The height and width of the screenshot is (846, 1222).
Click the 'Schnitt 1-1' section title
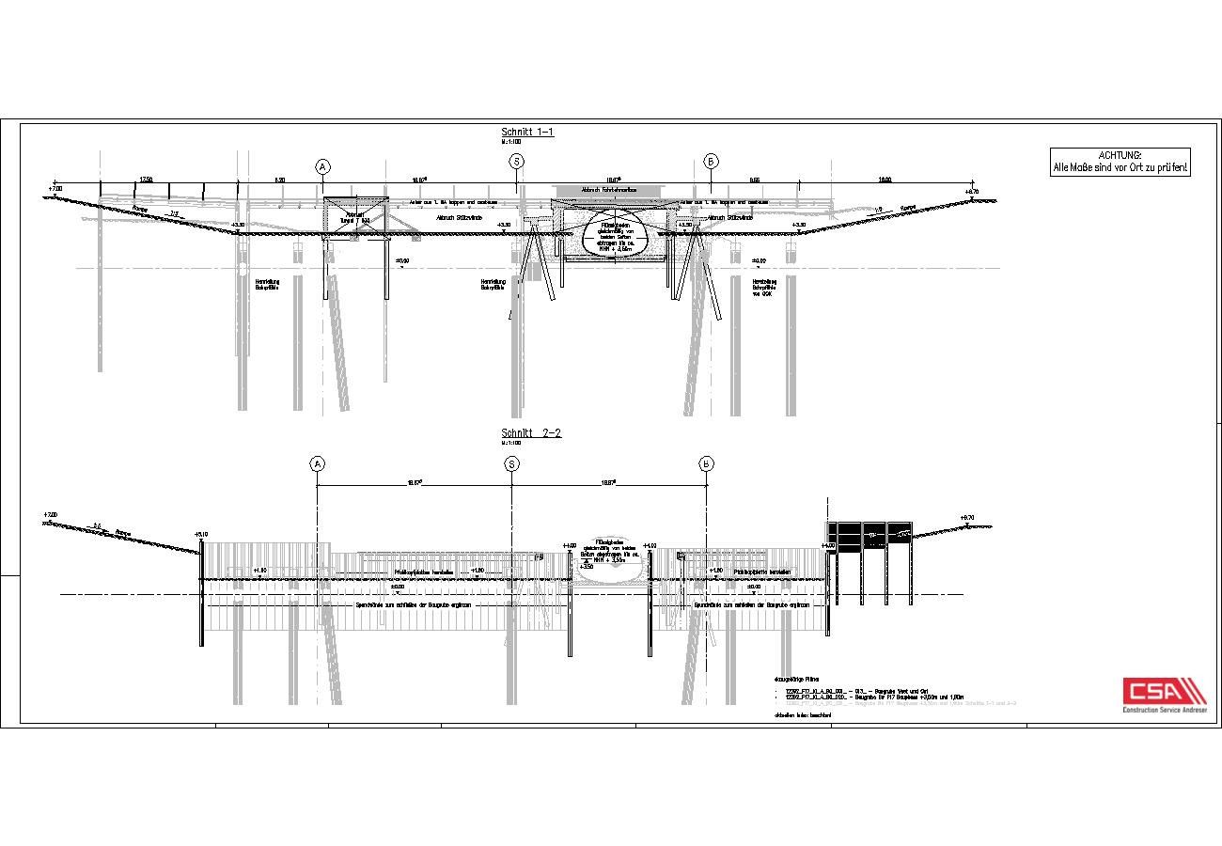(527, 133)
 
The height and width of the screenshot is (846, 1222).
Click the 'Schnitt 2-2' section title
(531, 433)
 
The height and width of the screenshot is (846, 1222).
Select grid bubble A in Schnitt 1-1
(322, 166)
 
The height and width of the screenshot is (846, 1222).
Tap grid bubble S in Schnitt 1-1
(516, 162)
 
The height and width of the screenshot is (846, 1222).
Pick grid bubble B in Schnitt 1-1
(712, 162)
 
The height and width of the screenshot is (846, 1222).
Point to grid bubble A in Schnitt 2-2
(317, 463)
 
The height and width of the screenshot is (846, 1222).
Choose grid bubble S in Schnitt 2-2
(511, 463)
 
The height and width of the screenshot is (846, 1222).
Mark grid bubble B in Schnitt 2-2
(706, 463)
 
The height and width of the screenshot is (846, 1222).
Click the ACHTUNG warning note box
(1120, 162)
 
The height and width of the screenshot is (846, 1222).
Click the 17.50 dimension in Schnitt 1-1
(147, 179)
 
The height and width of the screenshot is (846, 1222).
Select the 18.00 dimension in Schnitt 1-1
(885, 179)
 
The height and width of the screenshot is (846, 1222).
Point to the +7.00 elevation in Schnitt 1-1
(55, 189)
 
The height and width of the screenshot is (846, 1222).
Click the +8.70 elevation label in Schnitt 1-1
(972, 192)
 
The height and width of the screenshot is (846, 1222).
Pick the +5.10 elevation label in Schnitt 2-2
(201, 534)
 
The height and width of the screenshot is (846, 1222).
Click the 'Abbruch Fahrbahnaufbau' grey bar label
(609, 190)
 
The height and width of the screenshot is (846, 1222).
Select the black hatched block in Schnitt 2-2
(869, 535)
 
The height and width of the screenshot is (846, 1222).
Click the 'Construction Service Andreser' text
(1165, 710)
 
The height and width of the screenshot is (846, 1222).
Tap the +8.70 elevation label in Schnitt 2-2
(967, 517)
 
